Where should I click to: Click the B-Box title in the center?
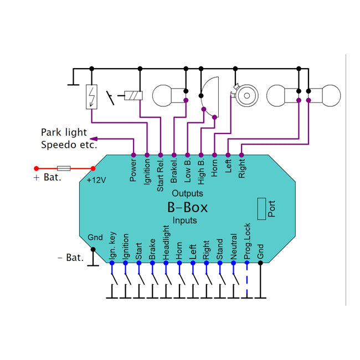pyautogui.click(x=187, y=207)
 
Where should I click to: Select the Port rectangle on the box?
pyautogui.click(x=261, y=209)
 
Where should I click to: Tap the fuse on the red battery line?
pyautogui.click(x=64, y=168)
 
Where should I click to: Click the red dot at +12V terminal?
pyautogui.click(x=93, y=168)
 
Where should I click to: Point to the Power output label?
pyautogui.click(x=133, y=170)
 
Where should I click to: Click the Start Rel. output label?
pyautogui.click(x=160, y=175)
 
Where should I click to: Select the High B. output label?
pyautogui.click(x=201, y=172)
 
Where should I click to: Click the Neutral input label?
pyautogui.click(x=233, y=246)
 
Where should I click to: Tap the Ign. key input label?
pyautogui.click(x=112, y=246)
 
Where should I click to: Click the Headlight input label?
pyautogui.click(x=166, y=243)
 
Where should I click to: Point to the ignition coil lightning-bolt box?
pyautogui.click(x=91, y=97)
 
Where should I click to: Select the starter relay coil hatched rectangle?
pyautogui.click(x=133, y=95)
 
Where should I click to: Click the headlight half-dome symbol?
pyautogui.click(x=209, y=97)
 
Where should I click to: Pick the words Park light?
pyautogui.click(x=64, y=132)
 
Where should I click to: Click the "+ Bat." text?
pyautogui.click(x=47, y=177)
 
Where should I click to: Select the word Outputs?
pyautogui.click(x=187, y=193)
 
